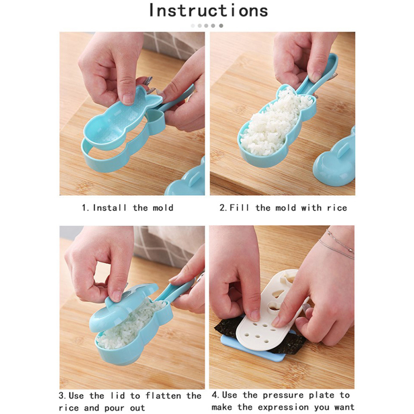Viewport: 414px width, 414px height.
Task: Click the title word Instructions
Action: pyautogui.click(x=209, y=10)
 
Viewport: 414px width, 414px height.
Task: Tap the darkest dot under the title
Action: pyautogui.click(x=221, y=25)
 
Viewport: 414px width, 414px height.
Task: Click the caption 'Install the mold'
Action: pyautogui.click(x=133, y=208)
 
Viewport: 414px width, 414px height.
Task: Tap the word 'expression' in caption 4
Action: pyautogui.click(x=283, y=407)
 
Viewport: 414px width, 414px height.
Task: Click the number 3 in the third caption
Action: pyautogui.click(x=62, y=396)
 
